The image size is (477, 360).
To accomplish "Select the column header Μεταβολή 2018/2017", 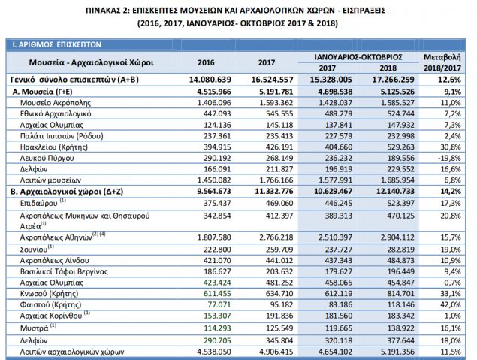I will tap(441, 62).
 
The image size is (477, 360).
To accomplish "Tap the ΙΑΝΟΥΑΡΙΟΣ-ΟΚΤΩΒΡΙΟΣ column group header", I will tap(355, 56).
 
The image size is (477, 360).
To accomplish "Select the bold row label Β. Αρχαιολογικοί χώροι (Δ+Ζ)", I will tap(65, 192).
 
